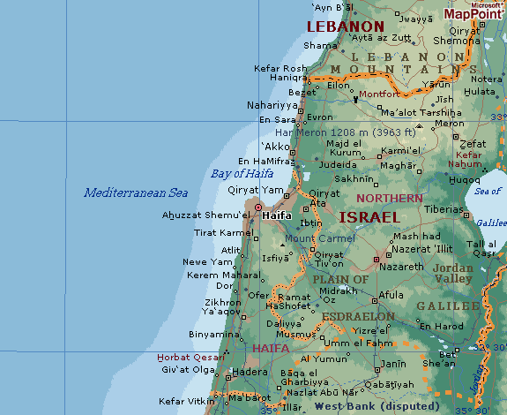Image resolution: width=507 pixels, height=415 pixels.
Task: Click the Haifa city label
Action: [x=277, y=215]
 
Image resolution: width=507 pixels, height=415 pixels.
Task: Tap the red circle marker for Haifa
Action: [x=257, y=209]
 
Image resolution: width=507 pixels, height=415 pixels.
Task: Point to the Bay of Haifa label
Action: [x=242, y=173]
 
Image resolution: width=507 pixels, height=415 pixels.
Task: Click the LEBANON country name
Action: [x=345, y=27]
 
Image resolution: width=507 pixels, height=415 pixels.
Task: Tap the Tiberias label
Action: [x=443, y=209]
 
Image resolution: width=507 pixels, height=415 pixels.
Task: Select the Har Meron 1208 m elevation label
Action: [x=352, y=132]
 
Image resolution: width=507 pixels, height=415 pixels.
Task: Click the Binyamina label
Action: [x=212, y=335]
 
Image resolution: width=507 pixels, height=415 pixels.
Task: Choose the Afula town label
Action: [x=390, y=295]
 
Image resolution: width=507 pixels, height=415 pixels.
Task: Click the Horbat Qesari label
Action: [x=186, y=358]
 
